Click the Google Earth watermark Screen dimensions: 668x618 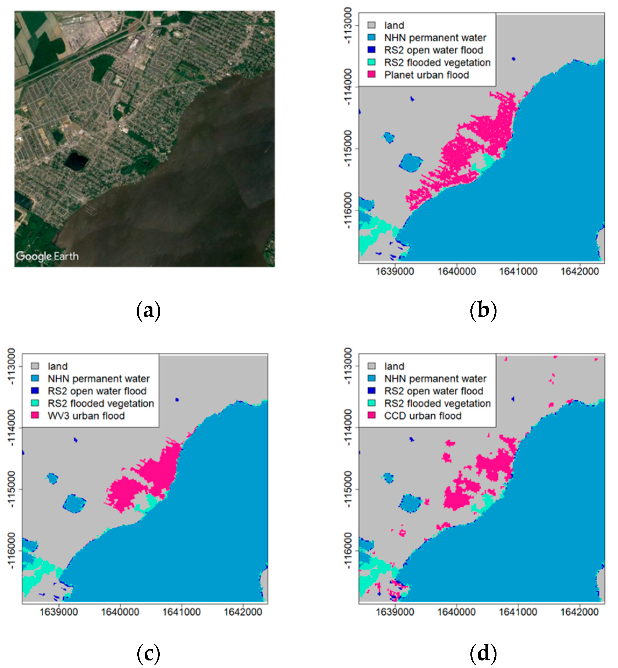[47, 256]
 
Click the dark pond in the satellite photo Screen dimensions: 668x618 [76, 161]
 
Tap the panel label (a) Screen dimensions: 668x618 [148, 310]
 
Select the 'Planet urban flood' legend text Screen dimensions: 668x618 [426, 75]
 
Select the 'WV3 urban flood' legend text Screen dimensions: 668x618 [86, 416]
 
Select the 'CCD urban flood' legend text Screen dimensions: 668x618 [423, 416]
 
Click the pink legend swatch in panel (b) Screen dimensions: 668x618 [371, 74]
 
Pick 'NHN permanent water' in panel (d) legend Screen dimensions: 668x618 [435, 379]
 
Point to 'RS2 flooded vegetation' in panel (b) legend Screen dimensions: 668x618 [437, 63]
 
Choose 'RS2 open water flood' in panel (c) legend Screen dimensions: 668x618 [97, 391]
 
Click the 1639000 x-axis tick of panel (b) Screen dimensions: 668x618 [395, 271]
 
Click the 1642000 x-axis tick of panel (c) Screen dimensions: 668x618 [243, 612]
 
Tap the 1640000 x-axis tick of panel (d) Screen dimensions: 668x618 [456, 612]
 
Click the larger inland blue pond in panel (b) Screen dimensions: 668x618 [410, 163]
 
